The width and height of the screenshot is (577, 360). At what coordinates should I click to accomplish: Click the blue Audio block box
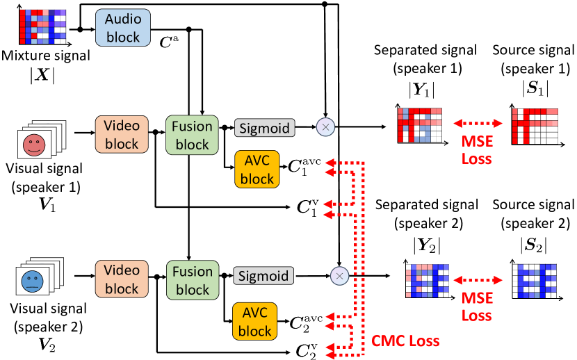click(x=123, y=28)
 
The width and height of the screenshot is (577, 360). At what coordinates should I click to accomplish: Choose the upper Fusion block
click(x=193, y=135)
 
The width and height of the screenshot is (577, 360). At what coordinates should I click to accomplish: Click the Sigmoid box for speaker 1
click(x=265, y=128)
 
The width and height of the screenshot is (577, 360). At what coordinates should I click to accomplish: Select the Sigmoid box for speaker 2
click(x=265, y=275)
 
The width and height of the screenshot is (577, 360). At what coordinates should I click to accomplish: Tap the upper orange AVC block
click(x=257, y=169)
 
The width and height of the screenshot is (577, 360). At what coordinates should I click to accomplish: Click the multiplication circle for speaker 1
click(x=325, y=127)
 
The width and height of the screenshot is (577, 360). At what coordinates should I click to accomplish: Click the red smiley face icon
click(x=33, y=145)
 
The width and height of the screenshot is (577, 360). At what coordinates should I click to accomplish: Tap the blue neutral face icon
click(x=33, y=282)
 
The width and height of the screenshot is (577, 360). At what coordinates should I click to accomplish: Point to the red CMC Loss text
click(x=405, y=342)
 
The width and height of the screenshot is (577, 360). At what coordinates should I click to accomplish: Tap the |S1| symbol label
click(x=534, y=89)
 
